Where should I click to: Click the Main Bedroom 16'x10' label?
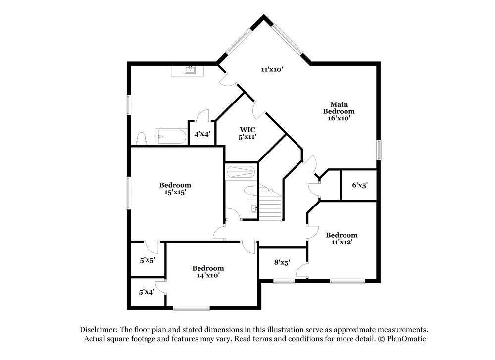pos(339,111)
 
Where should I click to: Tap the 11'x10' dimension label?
pos(272,70)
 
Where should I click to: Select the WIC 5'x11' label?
pos(244,133)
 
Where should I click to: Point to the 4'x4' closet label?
pos(201,134)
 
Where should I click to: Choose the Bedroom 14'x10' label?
pos(208,271)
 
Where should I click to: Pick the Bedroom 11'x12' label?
pos(342,239)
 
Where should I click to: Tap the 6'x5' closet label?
pos(360,185)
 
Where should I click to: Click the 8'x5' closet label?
pos(282,263)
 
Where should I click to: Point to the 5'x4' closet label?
pos(147,292)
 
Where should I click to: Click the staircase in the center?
pos(270,204)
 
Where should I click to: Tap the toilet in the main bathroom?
pos(141,138)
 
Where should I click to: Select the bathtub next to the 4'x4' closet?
pos(171,136)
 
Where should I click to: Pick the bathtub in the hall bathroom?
pos(240,173)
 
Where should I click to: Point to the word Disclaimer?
pos(98,329)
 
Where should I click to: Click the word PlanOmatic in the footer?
pos(403,339)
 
